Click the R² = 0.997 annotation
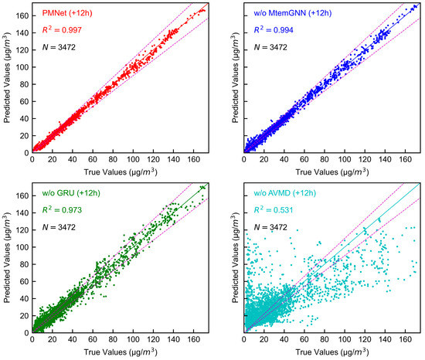pos(64,32)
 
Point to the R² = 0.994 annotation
pos(277,32)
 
